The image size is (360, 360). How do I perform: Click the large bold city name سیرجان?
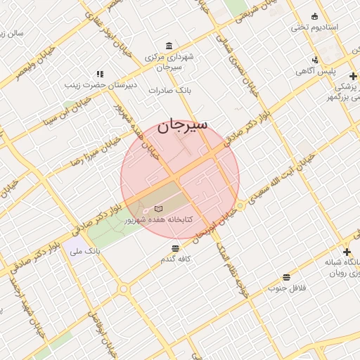(182, 125)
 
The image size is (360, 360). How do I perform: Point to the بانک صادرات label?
(176, 91)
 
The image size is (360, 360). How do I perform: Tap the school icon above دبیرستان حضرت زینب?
(99, 74)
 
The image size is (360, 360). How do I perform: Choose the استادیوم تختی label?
(315, 27)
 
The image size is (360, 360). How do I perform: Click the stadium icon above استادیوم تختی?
(314, 16)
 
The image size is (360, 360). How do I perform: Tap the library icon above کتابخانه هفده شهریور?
(158, 209)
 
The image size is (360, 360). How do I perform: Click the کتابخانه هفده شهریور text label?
(157, 220)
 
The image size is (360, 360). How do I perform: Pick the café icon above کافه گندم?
(175, 247)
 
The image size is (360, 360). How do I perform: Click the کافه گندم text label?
(176, 259)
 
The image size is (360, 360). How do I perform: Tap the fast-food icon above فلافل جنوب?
(285, 277)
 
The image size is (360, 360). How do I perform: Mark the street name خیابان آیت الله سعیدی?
(286, 179)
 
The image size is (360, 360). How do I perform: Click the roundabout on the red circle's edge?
(240, 205)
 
